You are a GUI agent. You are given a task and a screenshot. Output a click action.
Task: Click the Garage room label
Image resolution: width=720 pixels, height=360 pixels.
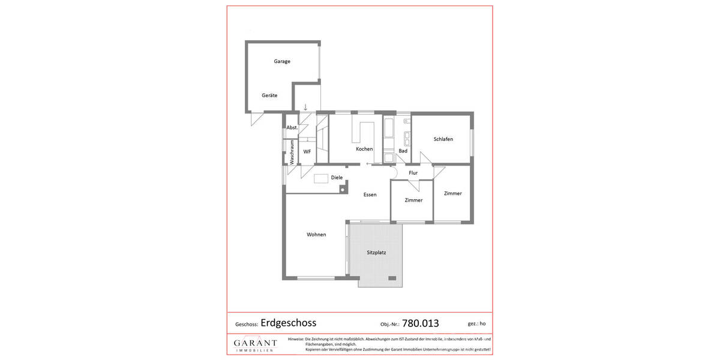pos(282,61)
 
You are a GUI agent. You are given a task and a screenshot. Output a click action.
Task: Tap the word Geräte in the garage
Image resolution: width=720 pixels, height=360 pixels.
pos(269,95)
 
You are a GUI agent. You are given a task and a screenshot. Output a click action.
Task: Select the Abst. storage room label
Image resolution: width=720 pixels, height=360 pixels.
pos(292,127)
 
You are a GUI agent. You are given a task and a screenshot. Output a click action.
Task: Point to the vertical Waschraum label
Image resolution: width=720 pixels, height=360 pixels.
pos(292,152)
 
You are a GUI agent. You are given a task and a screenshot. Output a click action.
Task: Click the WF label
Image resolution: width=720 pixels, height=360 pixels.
pos(307,152)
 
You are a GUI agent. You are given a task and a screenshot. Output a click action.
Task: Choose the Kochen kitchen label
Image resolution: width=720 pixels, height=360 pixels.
pos(364,149)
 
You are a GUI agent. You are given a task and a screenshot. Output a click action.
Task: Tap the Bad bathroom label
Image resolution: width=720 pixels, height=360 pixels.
pos(403,151)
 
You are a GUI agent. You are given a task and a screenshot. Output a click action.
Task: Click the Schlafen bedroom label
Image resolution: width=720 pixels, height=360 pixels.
pos(443,139)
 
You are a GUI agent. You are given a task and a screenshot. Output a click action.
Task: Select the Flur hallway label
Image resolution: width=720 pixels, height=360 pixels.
pos(413,173)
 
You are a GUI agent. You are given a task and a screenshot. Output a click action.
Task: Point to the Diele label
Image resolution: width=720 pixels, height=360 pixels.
pos(337,178)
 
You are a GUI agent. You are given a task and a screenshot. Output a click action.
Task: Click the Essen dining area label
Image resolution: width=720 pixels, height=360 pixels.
pos(370,194)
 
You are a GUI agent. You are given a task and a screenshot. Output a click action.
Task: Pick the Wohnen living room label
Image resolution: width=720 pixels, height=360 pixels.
pos(316,235)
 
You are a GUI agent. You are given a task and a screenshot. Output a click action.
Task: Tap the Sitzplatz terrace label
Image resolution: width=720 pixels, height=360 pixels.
pos(376,253)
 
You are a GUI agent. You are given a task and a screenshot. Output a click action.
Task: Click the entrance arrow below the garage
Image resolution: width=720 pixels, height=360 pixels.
pos(305,107)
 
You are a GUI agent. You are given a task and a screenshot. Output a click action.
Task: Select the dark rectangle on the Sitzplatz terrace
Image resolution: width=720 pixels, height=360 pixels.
pos(392,278)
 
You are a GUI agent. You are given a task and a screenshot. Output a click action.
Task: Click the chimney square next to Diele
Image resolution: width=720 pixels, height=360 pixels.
pos(342,190)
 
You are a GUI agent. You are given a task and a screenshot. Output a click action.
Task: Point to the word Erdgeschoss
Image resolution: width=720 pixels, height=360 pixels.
pos(288,322)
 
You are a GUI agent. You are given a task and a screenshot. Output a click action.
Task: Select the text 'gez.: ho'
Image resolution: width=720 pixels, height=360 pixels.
pos(476,323)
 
